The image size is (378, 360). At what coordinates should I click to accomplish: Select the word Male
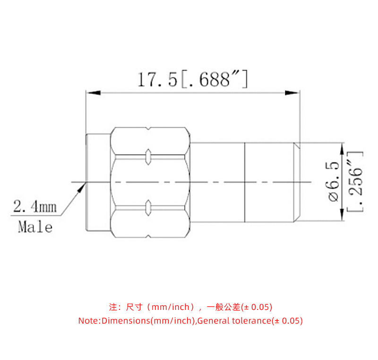[35, 227]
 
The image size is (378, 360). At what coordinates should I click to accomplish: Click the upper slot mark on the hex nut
[148, 156]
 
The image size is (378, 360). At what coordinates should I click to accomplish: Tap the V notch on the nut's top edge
[148, 129]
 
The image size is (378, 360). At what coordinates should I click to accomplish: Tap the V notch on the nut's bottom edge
[148, 235]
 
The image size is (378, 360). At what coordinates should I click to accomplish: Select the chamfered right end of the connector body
[297, 182]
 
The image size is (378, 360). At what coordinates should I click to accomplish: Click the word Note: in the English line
[89, 321]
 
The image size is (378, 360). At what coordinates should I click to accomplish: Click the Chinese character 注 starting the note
[113, 307]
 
